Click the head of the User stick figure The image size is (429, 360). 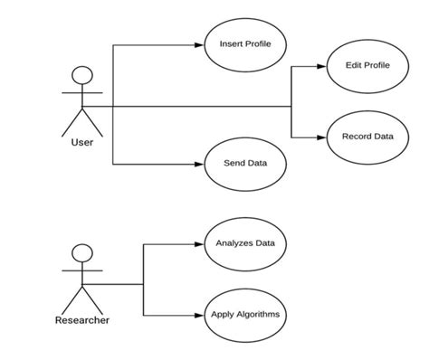tap(82, 76)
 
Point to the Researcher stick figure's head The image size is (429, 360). tap(82, 254)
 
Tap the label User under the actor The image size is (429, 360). tap(82, 142)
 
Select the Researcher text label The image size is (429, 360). tap(82, 320)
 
